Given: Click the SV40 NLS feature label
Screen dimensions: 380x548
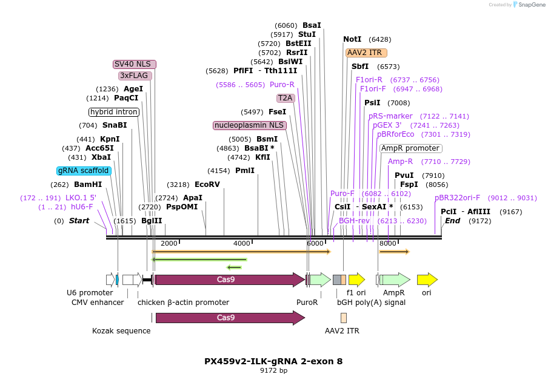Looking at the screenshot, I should [x=135, y=64].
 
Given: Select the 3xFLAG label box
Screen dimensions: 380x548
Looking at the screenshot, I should [x=135, y=76].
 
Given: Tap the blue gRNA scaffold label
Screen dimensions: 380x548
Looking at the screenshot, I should [x=84, y=171].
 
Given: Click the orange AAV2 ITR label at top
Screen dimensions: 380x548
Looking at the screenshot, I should [x=366, y=53].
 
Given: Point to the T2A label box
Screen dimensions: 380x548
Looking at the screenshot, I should [x=285, y=97].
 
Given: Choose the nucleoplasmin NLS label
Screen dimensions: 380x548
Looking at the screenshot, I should [x=249, y=125].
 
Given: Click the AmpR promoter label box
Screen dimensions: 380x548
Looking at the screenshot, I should [x=410, y=148].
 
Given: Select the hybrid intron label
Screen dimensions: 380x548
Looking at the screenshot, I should [x=114, y=112].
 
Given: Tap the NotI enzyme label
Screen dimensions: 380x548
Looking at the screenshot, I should [x=352, y=39].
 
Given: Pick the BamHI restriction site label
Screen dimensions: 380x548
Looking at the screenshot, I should [x=88, y=185].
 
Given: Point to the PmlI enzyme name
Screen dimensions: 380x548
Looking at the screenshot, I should [x=245, y=171].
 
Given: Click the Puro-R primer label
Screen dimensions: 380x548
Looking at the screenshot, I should [x=282, y=85].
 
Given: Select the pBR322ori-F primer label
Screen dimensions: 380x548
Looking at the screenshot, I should [x=457, y=197].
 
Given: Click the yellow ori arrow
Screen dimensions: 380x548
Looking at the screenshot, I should [x=427, y=280].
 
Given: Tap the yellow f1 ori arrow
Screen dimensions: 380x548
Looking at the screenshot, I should [x=356, y=280].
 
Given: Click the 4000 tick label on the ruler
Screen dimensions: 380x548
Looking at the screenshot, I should [x=242, y=243].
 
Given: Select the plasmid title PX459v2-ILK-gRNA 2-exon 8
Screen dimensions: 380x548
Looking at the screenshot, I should [x=273, y=361].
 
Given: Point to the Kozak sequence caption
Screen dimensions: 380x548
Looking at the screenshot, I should [x=121, y=331].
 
